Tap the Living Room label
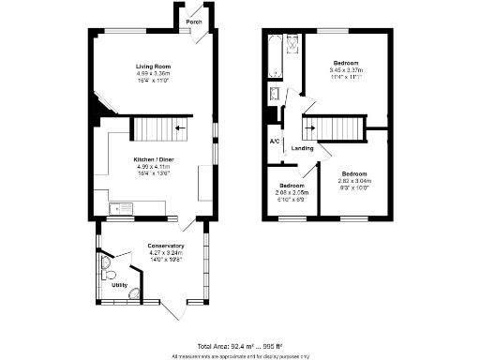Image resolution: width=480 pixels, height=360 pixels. (153, 67)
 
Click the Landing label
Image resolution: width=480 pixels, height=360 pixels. (302, 148)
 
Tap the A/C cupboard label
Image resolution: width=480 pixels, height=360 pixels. (275, 142)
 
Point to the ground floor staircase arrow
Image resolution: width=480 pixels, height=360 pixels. (178, 127)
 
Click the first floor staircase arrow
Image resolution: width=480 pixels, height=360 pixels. (311, 127)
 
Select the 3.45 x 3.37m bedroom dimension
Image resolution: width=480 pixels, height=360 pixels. (345, 70)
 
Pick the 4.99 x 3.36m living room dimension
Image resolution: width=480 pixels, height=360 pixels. (153, 73)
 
